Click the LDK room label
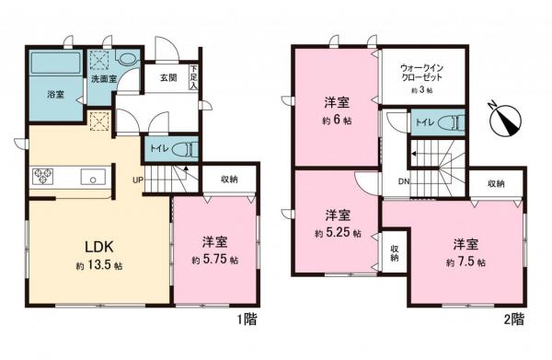coord(98,248)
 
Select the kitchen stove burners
coord(43,175)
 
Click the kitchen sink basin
coord(92,176)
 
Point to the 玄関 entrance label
coord(167,79)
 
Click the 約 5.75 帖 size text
coord(213,261)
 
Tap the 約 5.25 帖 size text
coord(337,232)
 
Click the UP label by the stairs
coord(136,180)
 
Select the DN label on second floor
coord(403,181)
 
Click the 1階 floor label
coord(246,319)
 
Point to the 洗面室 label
coord(103,80)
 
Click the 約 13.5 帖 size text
coord(98,266)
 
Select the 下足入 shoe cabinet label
coord(194,78)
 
